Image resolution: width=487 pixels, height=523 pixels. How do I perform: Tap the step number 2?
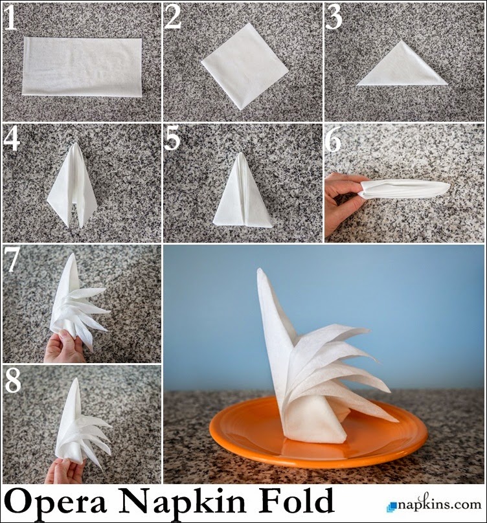pos(173,18)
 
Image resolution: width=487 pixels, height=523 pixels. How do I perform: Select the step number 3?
pos(334,18)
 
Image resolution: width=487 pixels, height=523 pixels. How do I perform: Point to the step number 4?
pos(11,140)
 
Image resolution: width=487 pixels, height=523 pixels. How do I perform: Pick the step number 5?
pos(172,140)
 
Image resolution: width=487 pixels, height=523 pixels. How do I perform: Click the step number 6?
pos(334,140)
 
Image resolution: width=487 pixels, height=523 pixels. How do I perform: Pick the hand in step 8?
pos(65,471)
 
